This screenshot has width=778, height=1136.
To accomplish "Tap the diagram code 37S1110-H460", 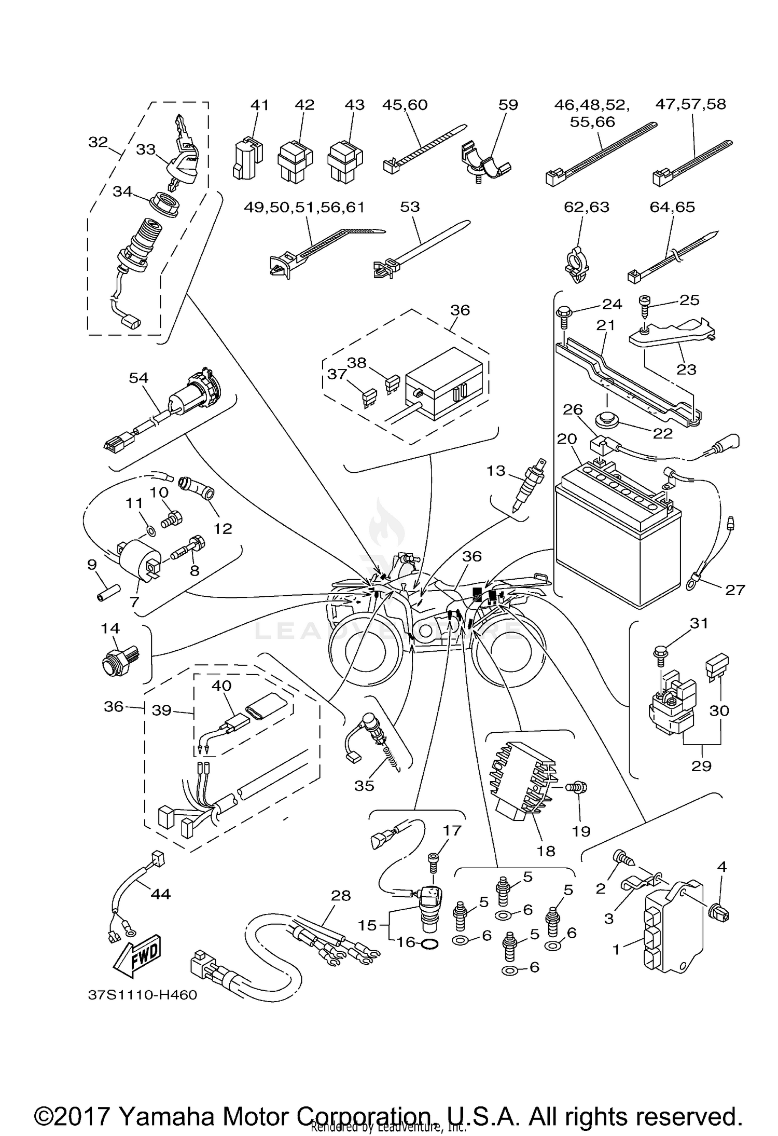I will point(142,995).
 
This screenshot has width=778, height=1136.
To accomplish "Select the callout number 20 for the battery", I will point(566,439).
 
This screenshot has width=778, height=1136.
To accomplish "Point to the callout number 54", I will point(138,378).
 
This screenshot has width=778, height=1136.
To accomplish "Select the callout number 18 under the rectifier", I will point(546,851).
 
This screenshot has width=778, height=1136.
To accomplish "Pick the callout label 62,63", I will point(587,207).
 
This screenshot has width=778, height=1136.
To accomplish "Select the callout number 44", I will point(161,894).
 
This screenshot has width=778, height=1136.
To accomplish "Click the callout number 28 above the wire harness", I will point(340,895).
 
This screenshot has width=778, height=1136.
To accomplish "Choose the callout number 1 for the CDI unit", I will point(616,949).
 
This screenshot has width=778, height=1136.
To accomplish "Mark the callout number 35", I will point(364,785).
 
